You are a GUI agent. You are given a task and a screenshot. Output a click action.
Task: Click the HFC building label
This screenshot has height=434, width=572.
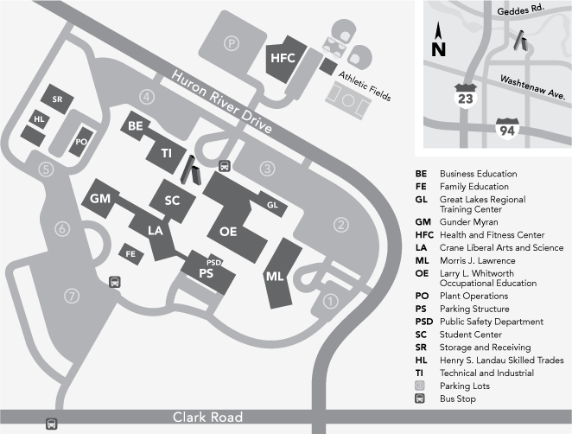tap(283, 58)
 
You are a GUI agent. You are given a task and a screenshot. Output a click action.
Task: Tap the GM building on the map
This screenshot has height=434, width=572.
tap(100, 199)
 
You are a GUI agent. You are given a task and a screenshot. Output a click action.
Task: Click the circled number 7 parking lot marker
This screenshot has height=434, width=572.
tap(72, 295)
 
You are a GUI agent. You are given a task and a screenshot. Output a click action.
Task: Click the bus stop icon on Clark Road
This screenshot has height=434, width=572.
tap(51, 424)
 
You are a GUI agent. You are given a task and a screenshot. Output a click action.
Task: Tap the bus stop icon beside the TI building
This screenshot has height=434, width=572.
tap(225, 166)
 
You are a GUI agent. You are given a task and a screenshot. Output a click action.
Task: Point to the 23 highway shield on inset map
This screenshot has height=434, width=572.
tap(466, 97)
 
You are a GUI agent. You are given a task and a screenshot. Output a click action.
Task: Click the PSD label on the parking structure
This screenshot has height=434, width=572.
tap(214, 261)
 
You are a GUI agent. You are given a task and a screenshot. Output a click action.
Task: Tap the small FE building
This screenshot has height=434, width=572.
tap(131, 254)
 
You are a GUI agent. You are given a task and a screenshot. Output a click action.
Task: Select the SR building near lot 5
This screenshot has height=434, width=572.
tap(58, 99)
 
